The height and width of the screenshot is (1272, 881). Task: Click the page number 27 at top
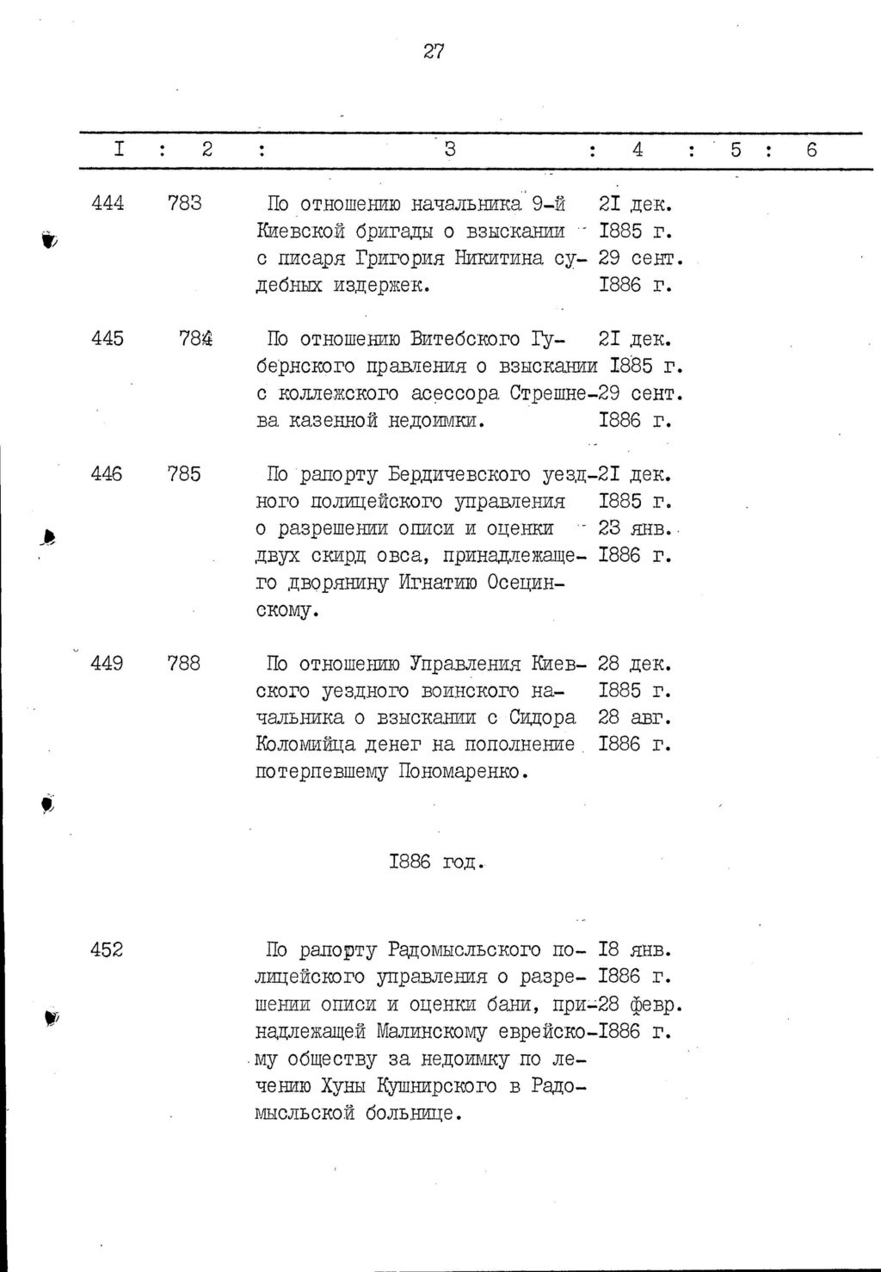(434, 52)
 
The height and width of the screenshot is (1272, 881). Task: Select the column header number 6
(810, 150)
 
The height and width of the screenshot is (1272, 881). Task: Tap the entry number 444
(108, 203)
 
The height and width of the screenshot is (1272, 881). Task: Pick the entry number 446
(108, 474)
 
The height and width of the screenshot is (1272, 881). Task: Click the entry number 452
(108, 950)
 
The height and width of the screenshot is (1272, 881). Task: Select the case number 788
(184, 664)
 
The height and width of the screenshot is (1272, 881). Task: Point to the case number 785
(184, 474)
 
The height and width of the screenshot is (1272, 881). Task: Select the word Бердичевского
(458, 474)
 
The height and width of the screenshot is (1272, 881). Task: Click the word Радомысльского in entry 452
(465, 950)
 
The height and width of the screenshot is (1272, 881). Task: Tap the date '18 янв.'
(634, 950)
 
